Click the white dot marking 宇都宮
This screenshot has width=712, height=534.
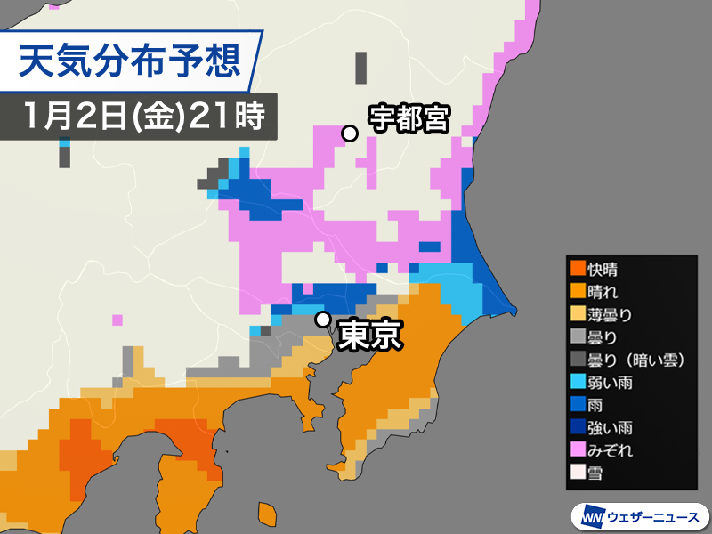(x=351, y=133)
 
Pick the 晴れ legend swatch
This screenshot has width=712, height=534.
(x=578, y=291)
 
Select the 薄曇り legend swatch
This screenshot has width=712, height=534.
(x=578, y=314)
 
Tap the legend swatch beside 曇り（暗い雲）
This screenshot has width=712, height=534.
(x=578, y=360)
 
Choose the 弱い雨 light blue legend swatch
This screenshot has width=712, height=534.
(x=578, y=383)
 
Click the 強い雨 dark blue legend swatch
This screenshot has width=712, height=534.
(x=578, y=428)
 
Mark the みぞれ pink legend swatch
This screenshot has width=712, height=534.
(x=578, y=451)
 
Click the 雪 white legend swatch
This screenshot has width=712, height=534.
(x=578, y=474)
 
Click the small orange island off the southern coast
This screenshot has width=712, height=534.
(x=267, y=514)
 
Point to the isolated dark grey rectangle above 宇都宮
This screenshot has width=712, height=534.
(x=360, y=68)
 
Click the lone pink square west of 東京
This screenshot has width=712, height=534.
(x=117, y=320)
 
